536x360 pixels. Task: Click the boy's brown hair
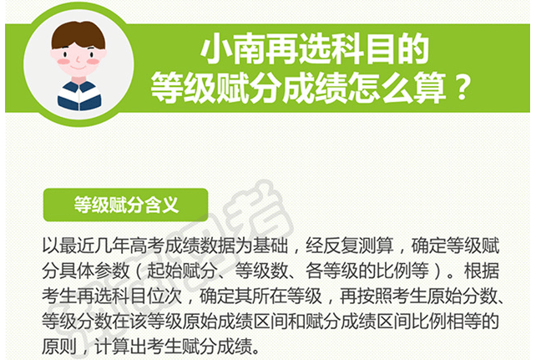point(78,34)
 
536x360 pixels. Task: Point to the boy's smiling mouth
point(78,68)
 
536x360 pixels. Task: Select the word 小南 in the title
point(232,50)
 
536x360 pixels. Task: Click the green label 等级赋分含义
point(126,205)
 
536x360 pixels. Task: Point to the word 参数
point(113,271)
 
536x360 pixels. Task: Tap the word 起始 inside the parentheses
point(164,271)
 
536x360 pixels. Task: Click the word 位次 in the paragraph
point(164,296)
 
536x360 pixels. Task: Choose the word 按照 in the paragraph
point(376,296)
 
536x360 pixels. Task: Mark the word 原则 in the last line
point(59,346)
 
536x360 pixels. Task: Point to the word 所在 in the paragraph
point(270,296)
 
